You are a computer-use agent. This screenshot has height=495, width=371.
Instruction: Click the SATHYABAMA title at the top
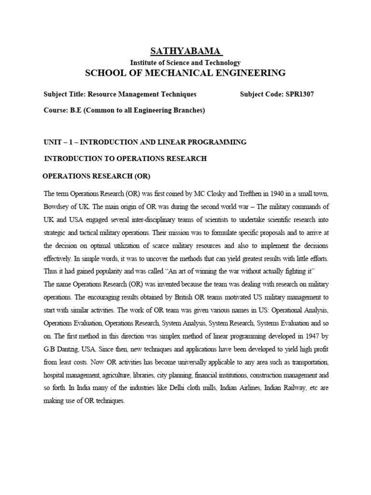185,51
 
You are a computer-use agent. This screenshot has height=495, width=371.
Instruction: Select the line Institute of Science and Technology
185,62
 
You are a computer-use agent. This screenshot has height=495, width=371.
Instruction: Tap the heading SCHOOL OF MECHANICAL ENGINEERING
185,73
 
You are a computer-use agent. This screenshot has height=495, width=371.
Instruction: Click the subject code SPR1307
297,94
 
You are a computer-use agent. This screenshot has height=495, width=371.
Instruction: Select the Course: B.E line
125,110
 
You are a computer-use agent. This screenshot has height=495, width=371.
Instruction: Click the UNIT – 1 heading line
145,142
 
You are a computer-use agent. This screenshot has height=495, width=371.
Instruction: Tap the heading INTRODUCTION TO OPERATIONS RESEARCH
126,159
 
